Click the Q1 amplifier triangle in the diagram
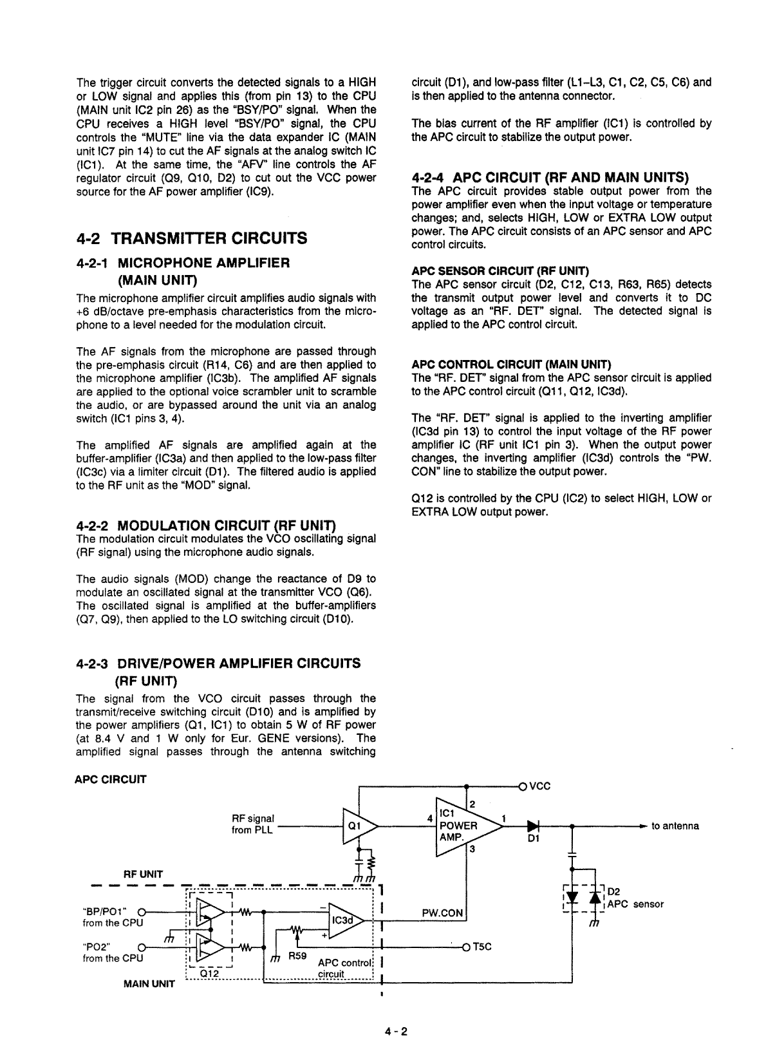tap(356, 826)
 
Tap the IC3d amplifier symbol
tap(345, 920)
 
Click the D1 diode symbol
tap(532, 826)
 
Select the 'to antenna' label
tap(675, 826)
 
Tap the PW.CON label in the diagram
tap(442, 913)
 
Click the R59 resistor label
tap(297, 956)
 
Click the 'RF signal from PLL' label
tap(252, 824)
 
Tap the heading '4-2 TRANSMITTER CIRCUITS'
tap(191, 238)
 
